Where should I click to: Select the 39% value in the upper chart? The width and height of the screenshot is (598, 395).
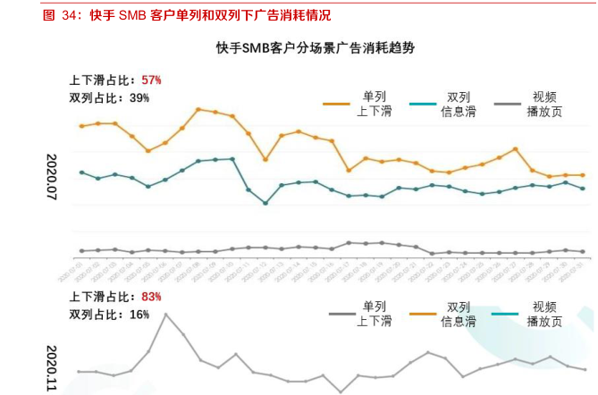coord(139,97)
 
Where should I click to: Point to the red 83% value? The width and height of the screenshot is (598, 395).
coord(151,297)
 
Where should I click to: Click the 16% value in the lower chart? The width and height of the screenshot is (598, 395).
coord(139,315)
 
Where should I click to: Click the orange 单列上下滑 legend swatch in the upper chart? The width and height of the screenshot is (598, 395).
coord(337,105)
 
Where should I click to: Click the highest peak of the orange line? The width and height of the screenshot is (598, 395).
coord(198,109)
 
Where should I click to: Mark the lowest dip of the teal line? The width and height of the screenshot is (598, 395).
coord(265,203)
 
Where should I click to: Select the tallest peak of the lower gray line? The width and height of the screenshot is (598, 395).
coord(165,314)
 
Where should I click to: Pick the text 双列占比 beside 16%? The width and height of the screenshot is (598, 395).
coord(94,315)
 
